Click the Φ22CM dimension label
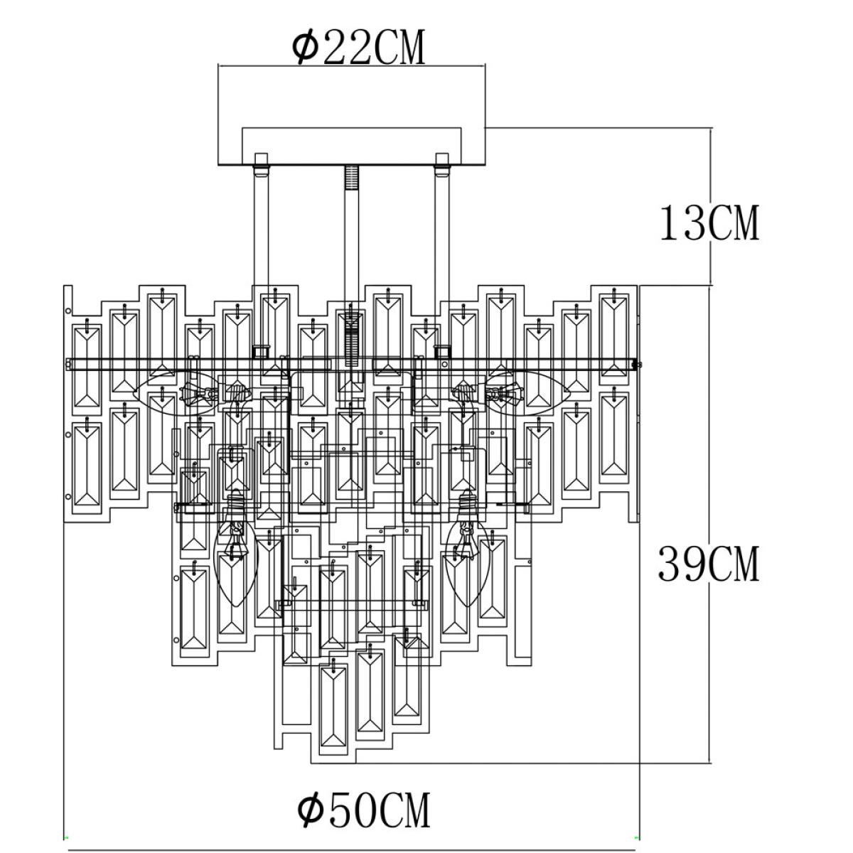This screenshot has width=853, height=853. point(358,47)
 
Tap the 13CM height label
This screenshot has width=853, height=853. point(709,222)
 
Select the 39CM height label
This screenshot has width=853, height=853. point(709,564)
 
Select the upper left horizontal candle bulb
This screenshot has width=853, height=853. point(176,392)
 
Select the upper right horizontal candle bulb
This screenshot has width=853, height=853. point(527,392)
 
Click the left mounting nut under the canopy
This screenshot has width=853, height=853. point(261,170)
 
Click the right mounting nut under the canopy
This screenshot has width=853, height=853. point(441,170)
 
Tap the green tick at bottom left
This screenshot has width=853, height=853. point(66,838)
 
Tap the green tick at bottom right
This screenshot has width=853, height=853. point(637,838)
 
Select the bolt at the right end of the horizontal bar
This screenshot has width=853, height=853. point(638,365)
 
